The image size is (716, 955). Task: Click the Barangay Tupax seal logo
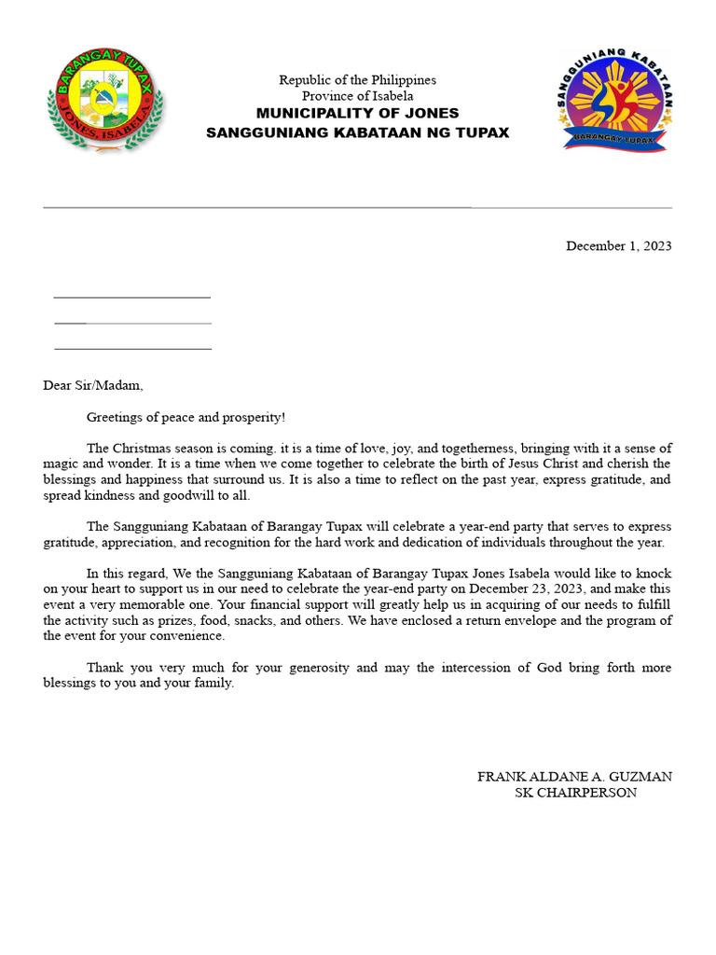point(105,104)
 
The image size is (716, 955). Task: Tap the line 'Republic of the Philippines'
point(357,80)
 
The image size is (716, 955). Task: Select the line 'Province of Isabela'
point(357,96)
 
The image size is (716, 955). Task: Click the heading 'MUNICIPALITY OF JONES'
point(357,113)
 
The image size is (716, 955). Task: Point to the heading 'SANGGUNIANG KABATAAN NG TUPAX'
point(357,132)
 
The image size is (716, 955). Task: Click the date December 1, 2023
point(618,246)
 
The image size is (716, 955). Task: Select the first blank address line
point(131,297)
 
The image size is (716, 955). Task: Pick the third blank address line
point(132,349)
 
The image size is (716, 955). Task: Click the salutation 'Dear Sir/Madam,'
point(93,385)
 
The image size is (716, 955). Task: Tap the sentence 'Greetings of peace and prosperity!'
point(186,417)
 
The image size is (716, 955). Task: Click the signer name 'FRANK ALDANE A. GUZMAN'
point(574,777)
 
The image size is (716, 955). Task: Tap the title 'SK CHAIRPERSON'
point(575,793)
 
